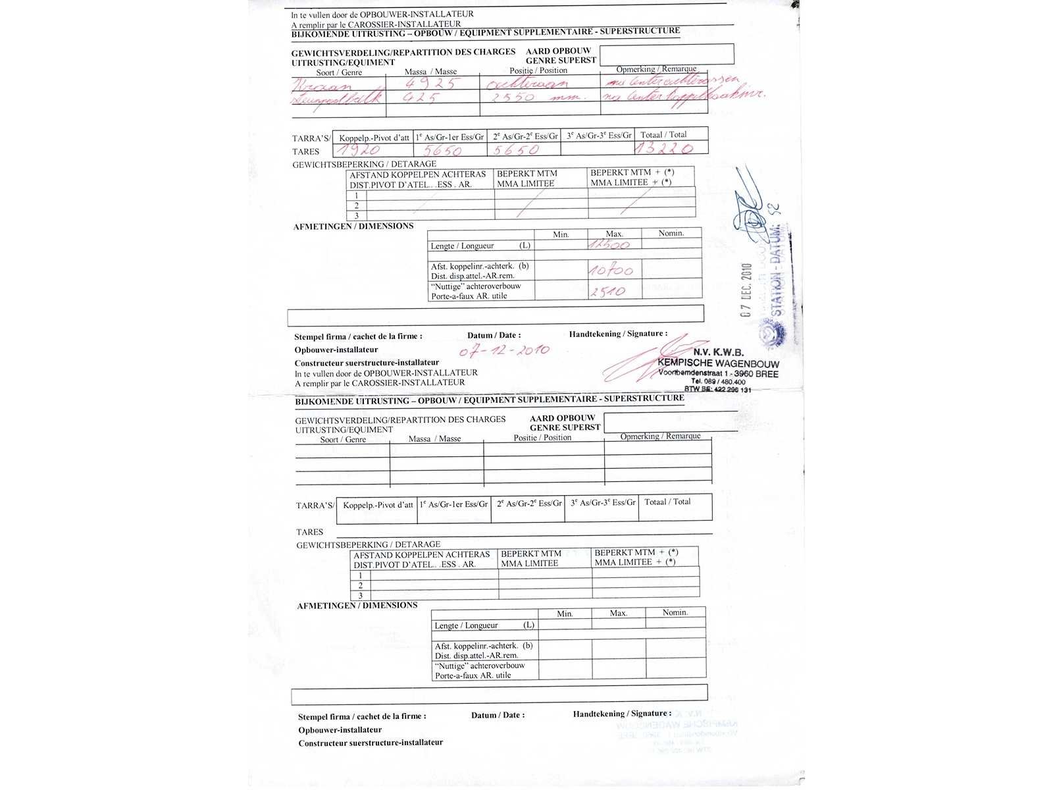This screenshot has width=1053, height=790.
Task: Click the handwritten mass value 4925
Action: tap(432, 84)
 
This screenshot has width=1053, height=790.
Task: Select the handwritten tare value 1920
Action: tap(359, 150)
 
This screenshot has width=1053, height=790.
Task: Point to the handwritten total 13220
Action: tap(663, 149)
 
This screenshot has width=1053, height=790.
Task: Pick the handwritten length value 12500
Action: tap(609, 245)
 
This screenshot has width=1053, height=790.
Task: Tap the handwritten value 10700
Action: tap(611, 270)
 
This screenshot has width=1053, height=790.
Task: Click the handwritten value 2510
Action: tap(607, 291)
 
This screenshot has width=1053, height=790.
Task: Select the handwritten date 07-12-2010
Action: tap(505, 351)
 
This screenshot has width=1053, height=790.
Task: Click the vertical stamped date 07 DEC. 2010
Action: tap(746, 290)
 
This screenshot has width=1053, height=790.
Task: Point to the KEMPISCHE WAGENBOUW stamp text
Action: tap(718, 364)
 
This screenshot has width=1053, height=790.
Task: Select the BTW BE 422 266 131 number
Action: tap(717, 390)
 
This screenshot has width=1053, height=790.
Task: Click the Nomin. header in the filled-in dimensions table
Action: tap(671, 233)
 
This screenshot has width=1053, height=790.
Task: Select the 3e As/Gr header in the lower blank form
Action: tap(603, 502)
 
